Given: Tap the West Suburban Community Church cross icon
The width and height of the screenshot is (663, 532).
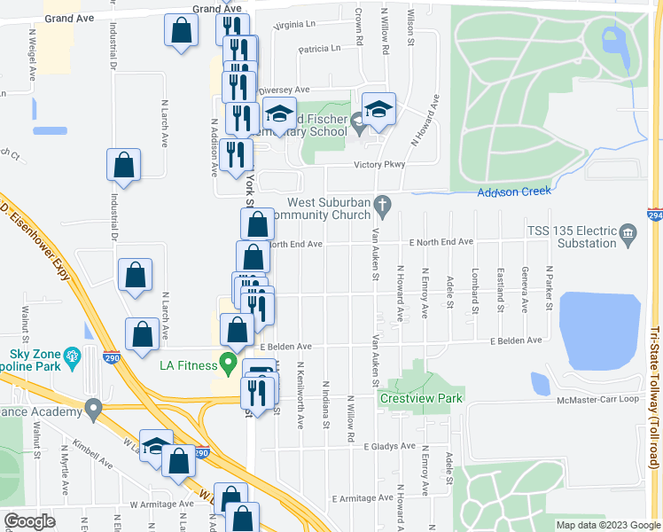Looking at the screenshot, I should pyautogui.click(x=382, y=206).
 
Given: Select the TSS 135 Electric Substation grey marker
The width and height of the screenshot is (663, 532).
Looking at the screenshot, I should pyautogui.click(x=628, y=233).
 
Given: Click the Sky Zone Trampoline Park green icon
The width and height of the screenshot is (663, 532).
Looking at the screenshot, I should pyautogui.click(x=73, y=357).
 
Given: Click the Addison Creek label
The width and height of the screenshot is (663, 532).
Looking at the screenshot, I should pyautogui.click(x=514, y=192).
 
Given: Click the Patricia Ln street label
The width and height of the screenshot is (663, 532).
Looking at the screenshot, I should pyautogui.click(x=320, y=49).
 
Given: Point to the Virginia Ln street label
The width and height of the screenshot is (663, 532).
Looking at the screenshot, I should pyautogui.click(x=295, y=26).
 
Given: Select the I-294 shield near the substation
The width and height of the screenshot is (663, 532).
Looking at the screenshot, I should pyautogui.click(x=654, y=215).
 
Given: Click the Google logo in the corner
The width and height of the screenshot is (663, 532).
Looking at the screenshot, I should pyautogui.click(x=29, y=521).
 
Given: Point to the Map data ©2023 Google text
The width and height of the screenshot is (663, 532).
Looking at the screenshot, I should pyautogui.click(x=607, y=525).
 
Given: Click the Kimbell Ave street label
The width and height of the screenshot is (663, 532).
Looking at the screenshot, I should pyautogui.click(x=94, y=454).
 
